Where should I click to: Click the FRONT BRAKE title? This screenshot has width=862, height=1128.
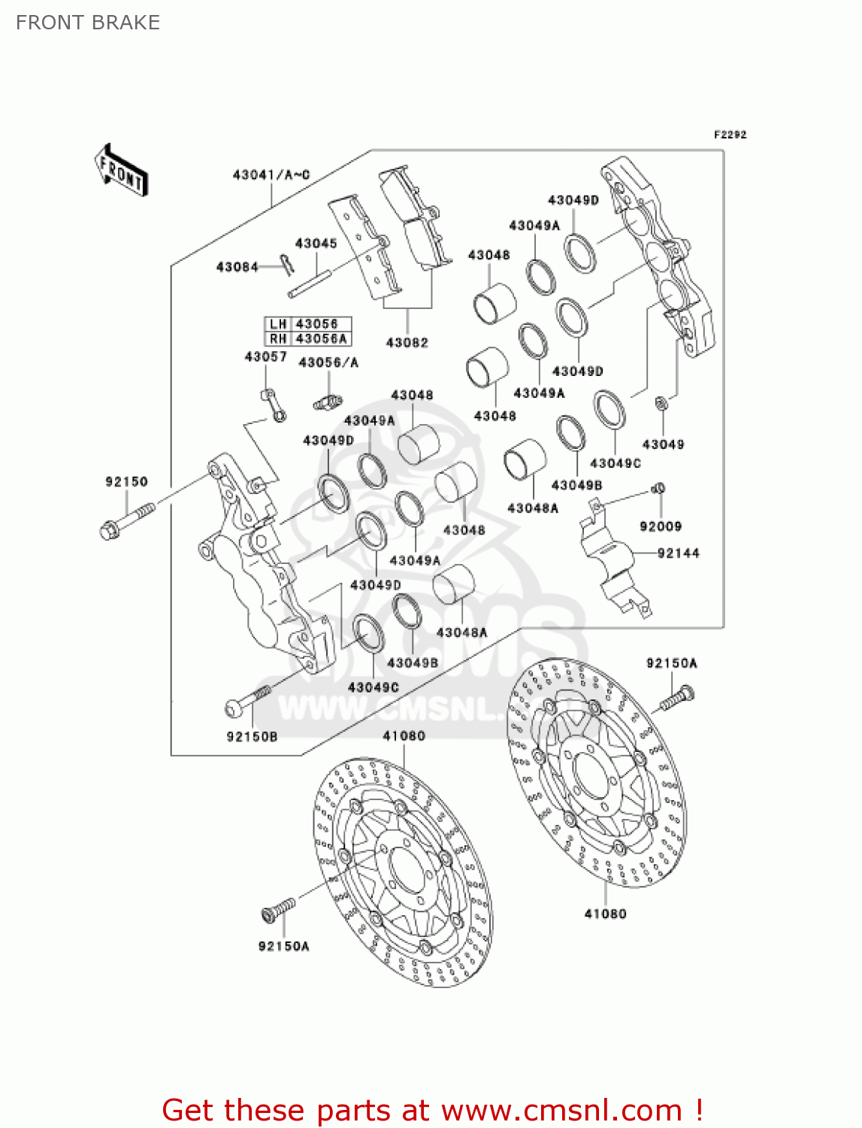pos(88,23)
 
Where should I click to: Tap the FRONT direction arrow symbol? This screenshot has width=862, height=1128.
pos(120,171)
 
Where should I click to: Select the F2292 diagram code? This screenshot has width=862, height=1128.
pos(730,135)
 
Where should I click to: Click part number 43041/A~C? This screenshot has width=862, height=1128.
pos(271,175)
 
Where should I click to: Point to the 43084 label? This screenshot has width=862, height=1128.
pos(237,267)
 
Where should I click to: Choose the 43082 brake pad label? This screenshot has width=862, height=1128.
pos(407,343)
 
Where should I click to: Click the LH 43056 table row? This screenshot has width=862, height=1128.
pos(308,324)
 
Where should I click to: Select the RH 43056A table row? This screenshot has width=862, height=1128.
pos(308,339)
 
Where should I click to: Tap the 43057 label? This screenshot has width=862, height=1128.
pos(265,356)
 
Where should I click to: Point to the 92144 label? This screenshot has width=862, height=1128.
pos(678,553)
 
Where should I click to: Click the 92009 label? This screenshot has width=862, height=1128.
pos(661,526)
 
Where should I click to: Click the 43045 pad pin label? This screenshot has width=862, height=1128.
pos(316,244)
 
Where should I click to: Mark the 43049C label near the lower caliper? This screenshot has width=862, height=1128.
pos(373,687)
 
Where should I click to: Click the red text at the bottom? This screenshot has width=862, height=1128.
pos(432,1110)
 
